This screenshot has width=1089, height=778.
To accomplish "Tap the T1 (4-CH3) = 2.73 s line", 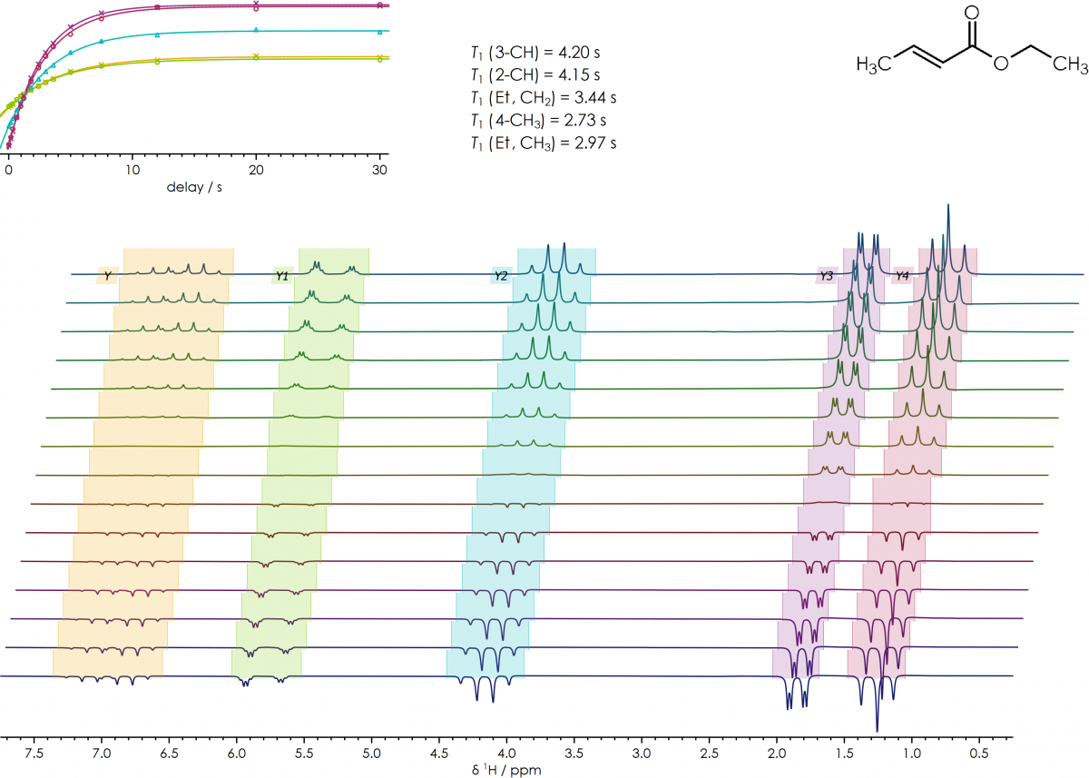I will [x=535, y=120].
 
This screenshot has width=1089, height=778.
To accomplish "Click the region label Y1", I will [x=282, y=275].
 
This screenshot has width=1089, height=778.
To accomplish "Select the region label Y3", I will [x=826, y=275].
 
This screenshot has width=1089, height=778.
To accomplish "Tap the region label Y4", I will [x=902, y=275].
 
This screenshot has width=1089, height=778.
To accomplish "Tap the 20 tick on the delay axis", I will [x=257, y=170].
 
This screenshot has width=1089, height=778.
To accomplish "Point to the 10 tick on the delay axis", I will [x=132, y=170].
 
